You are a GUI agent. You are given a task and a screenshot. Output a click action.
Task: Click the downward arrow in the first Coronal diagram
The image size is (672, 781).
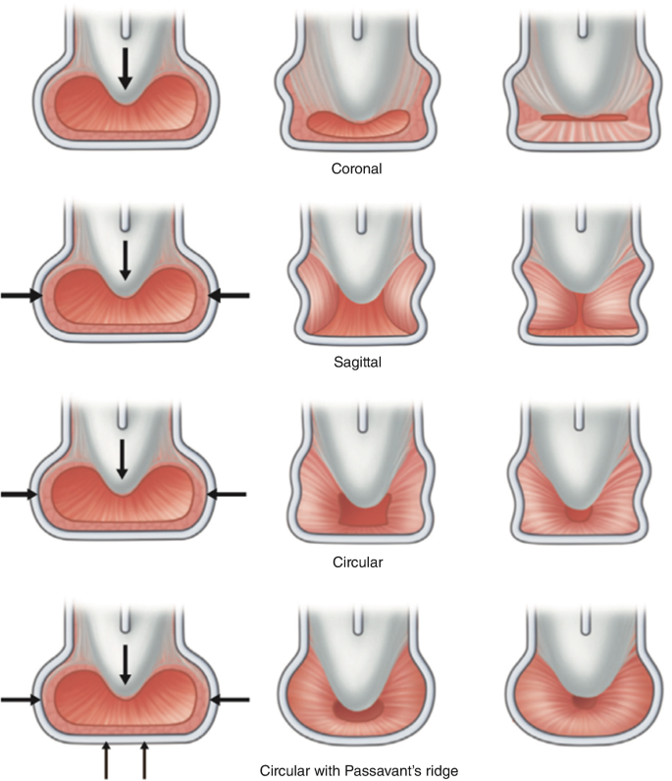[x=125, y=70]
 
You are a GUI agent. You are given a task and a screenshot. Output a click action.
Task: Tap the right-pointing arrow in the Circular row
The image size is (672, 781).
[x=20, y=495]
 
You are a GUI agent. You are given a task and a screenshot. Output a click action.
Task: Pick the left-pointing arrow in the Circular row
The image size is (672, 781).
[x=229, y=495]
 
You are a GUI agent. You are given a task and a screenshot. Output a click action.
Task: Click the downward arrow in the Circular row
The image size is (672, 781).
[x=125, y=459]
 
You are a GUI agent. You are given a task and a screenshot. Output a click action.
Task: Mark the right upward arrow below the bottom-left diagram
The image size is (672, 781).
[x=145, y=759]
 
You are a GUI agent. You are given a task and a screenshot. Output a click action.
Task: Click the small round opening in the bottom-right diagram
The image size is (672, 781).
[x=583, y=703]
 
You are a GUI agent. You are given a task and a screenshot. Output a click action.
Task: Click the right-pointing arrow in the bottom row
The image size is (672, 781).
[x=21, y=699]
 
